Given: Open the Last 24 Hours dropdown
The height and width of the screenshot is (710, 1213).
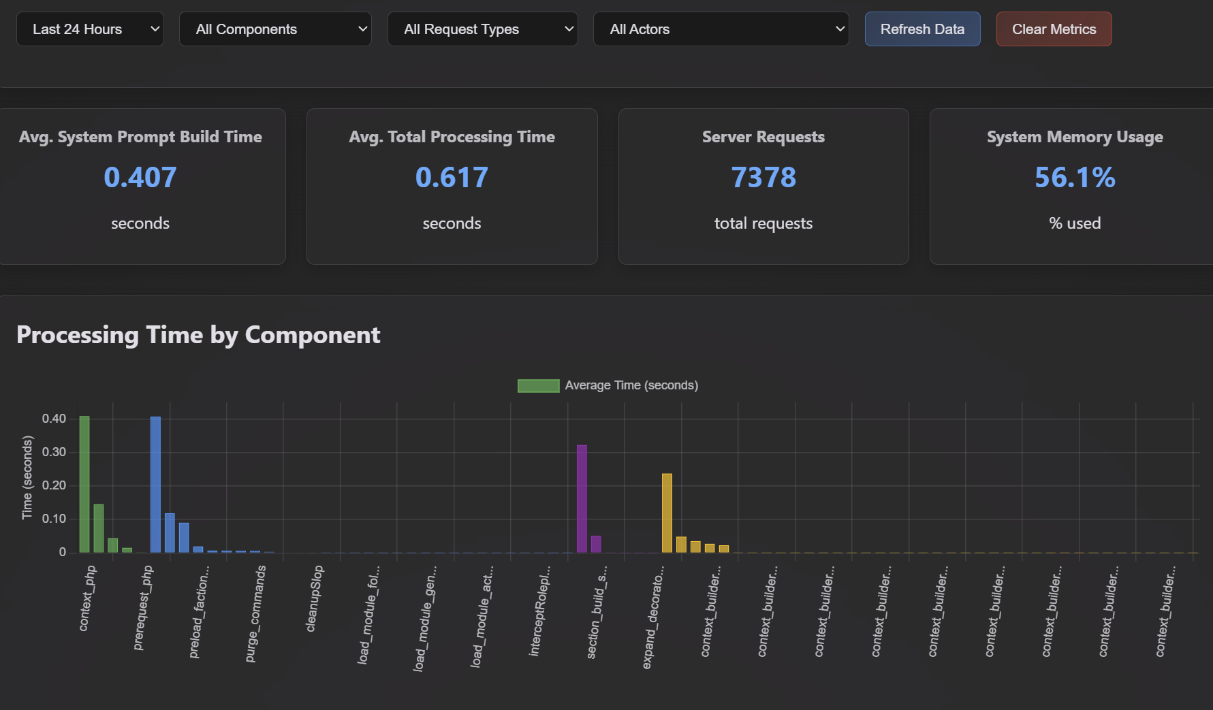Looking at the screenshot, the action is (90, 29).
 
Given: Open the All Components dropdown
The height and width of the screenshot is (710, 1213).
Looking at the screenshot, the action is (275, 29).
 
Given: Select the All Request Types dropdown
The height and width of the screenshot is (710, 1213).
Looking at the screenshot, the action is (483, 29).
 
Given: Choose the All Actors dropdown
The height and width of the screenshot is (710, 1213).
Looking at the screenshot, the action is (721, 29).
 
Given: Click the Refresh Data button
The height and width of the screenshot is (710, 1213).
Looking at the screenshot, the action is (923, 29).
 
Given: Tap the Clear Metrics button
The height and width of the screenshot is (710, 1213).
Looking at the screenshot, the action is (1054, 29).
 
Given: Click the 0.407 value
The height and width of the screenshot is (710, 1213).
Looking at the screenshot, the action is (140, 178).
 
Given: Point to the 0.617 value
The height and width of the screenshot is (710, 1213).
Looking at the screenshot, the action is (452, 178).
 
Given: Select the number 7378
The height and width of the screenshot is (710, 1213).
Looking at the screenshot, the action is (763, 178).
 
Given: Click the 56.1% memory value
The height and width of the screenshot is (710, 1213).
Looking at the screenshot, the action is (1075, 178).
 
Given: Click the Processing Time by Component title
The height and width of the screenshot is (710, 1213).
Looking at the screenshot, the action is (198, 335).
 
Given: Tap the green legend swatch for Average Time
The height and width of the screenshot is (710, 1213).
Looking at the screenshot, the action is (538, 386).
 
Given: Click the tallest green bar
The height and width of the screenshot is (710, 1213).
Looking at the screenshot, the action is (84, 484).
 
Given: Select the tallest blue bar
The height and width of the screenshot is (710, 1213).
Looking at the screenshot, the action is (155, 484).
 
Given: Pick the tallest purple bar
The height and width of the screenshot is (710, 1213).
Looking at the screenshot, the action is (582, 498).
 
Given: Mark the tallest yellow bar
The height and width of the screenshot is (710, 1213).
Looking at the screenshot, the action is (667, 513).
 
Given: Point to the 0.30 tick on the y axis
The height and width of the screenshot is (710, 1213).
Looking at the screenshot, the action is (54, 452).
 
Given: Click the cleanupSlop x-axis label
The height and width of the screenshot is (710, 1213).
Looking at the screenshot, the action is (314, 598).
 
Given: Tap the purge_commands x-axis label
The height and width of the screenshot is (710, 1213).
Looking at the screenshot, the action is (255, 613).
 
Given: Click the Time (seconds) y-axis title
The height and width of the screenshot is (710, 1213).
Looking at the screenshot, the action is (27, 478).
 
